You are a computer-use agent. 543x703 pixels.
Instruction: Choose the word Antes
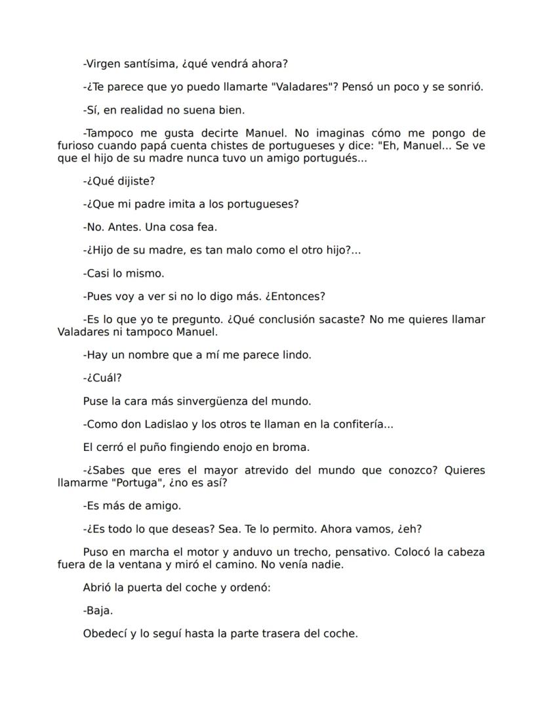point(123,227)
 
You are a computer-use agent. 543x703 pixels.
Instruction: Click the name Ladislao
point(171,424)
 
